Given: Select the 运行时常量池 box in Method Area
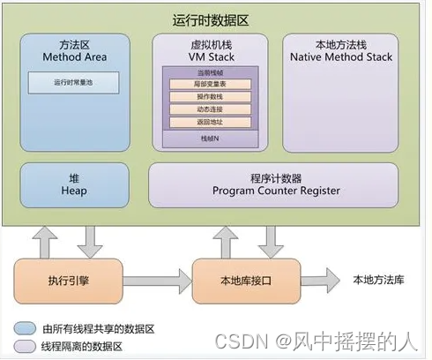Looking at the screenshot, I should [x=75, y=82].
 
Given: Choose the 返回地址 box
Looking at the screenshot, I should [x=209, y=121].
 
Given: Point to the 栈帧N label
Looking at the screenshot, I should [x=209, y=139].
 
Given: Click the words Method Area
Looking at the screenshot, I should [x=74, y=57].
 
